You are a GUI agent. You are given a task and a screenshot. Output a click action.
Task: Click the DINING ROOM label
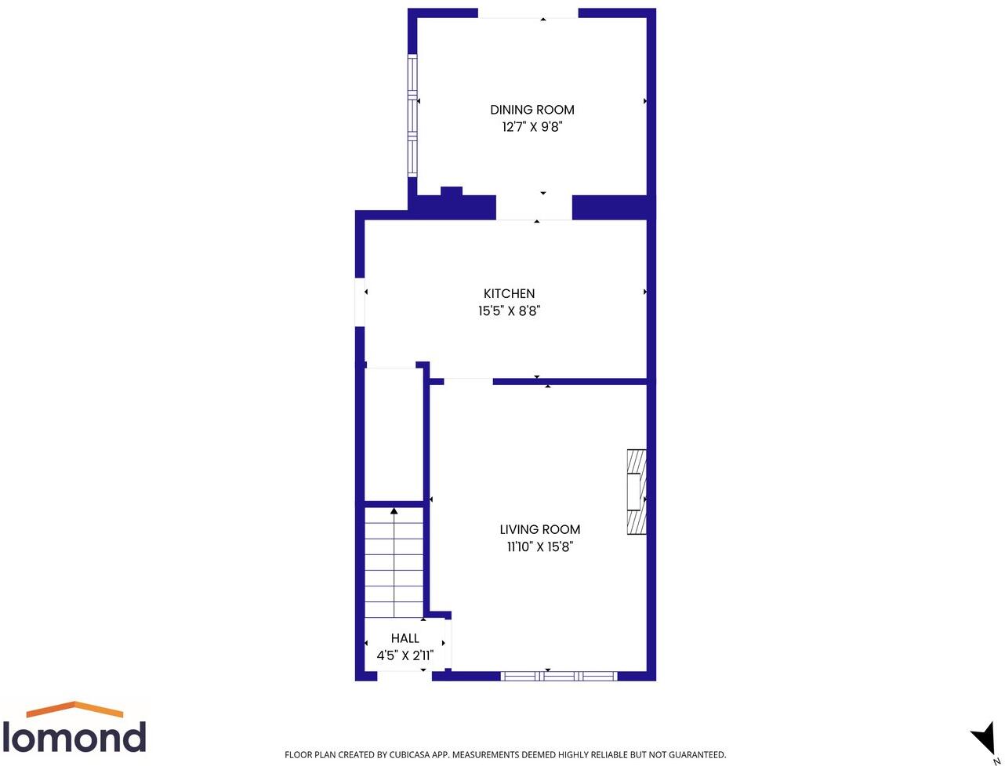click(x=532, y=110)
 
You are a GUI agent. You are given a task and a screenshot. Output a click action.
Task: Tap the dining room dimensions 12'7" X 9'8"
click(x=532, y=127)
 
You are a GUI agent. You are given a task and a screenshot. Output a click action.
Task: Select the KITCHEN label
click(x=509, y=293)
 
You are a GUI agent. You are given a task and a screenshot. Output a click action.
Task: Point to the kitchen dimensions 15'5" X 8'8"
click(x=509, y=311)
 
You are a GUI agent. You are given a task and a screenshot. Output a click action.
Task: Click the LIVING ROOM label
click(x=540, y=529)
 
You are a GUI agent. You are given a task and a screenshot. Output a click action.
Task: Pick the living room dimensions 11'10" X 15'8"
click(x=540, y=547)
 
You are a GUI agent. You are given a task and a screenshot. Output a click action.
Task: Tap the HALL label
click(x=405, y=638)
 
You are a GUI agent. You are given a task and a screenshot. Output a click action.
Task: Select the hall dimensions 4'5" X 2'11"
click(x=405, y=655)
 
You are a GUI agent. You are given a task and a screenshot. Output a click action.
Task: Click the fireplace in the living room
click(x=637, y=492)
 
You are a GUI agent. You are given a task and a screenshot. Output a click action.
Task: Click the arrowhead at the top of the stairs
click(x=394, y=512)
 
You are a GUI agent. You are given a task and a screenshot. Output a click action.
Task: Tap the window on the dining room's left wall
click(x=412, y=114)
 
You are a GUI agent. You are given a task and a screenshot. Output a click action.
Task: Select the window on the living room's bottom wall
click(x=559, y=676)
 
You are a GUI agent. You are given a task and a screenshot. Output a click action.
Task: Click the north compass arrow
click(x=984, y=738)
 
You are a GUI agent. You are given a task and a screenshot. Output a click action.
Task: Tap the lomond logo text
click(x=74, y=738)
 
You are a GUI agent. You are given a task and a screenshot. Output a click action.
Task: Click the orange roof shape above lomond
click(x=74, y=709)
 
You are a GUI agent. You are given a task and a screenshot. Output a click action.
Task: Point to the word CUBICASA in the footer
click(x=412, y=755)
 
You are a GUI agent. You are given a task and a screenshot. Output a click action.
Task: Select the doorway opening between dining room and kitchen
click(x=534, y=207)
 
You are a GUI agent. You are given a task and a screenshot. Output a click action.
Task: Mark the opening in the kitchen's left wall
click(x=361, y=302)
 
